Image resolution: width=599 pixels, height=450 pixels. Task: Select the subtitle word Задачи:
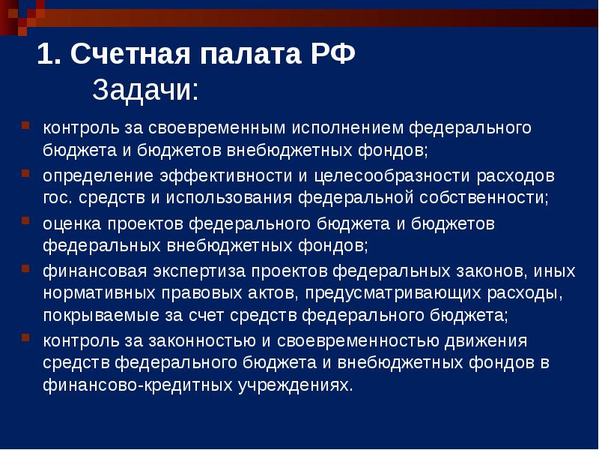point(145,91)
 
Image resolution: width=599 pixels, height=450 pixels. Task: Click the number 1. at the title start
point(50,55)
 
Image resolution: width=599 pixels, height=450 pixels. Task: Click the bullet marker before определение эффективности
point(25,173)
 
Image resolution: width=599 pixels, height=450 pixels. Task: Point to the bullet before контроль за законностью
point(25,339)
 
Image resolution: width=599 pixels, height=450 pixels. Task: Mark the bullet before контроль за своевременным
point(25,125)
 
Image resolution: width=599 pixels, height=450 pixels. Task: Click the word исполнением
point(351,128)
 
